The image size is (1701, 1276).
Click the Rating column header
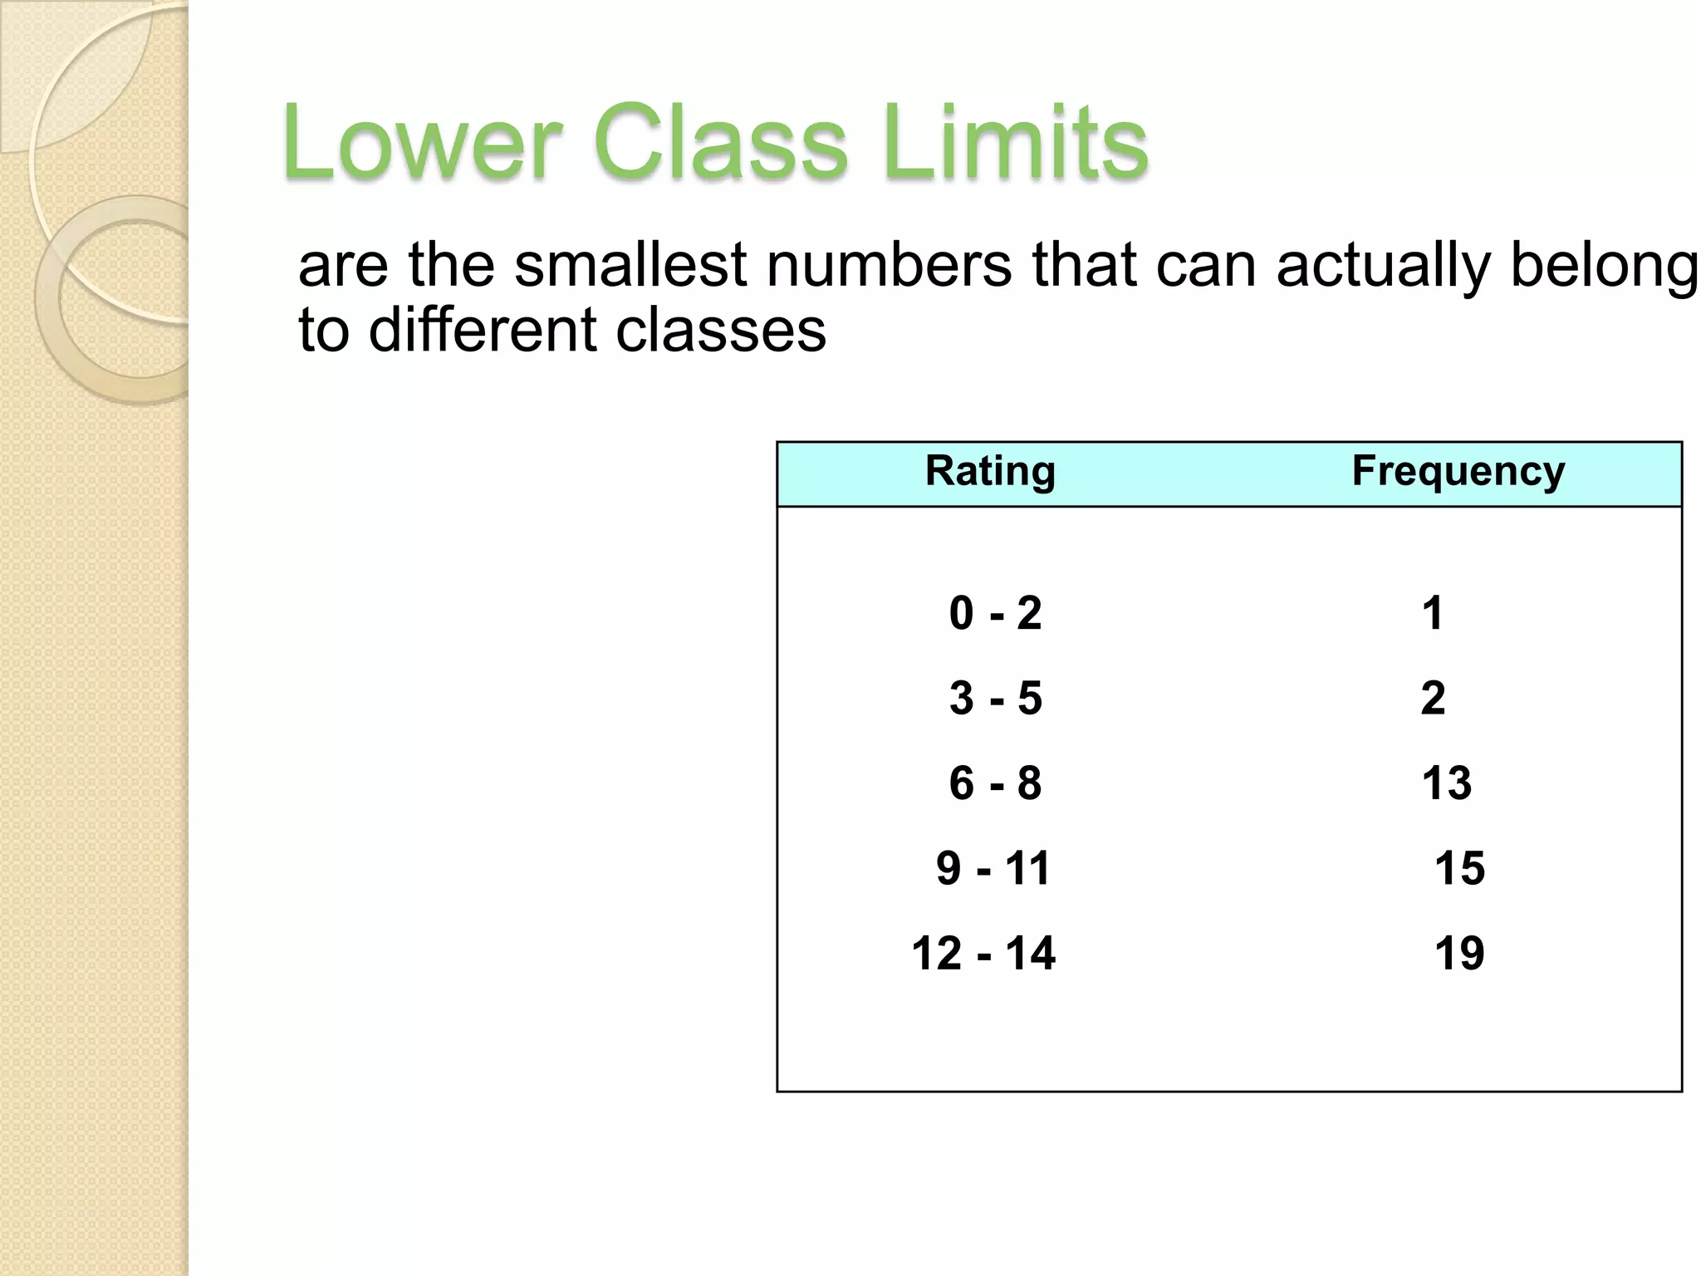990,471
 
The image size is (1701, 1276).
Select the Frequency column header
1458,471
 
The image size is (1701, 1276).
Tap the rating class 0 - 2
995,613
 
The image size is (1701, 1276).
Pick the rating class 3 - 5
995,698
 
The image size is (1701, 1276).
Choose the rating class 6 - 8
995,783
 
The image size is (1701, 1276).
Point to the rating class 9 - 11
993,868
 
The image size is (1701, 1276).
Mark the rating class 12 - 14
983,953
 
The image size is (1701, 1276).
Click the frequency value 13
1446,783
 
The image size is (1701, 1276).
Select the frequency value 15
1459,868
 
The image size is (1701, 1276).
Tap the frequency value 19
1459,953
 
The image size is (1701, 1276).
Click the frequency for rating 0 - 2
1432,613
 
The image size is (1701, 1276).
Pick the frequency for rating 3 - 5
1433,698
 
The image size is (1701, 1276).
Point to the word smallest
631,266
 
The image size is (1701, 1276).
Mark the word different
483,330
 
